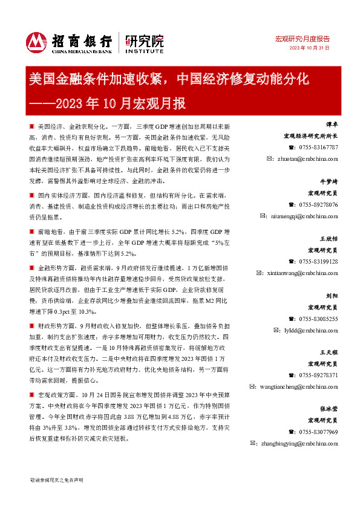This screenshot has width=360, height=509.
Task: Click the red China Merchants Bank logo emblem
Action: coord(37,42)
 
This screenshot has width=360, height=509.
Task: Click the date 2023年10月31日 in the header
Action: coord(309,48)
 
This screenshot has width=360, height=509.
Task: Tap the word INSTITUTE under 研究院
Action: coord(145,52)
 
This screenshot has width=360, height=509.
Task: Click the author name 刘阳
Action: coord(332,296)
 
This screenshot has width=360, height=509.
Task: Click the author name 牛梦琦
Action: coord(329,182)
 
